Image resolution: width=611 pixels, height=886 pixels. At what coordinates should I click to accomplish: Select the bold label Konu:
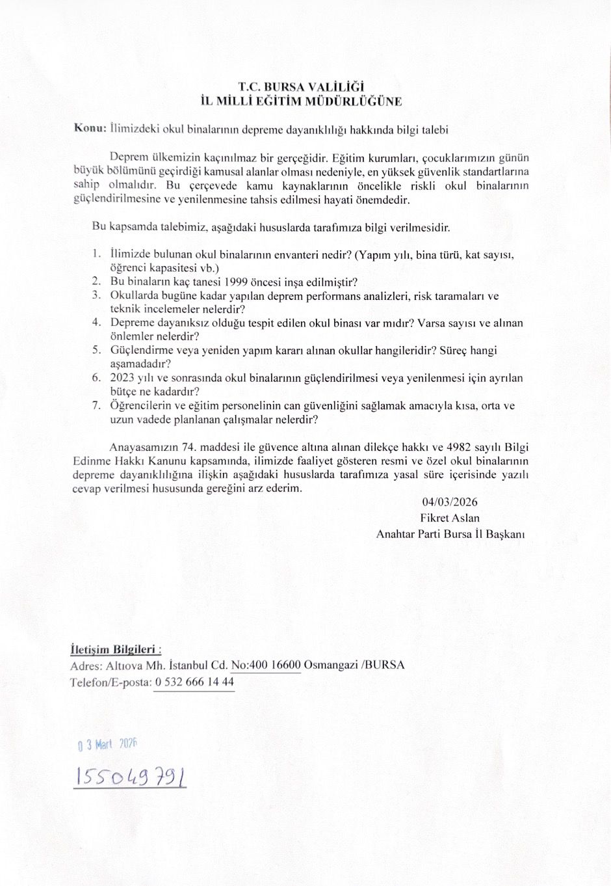pos(90,128)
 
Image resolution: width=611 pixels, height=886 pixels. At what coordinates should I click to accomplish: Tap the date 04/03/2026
pos(449,502)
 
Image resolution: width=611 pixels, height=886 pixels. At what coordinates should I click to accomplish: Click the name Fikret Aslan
pos(450,518)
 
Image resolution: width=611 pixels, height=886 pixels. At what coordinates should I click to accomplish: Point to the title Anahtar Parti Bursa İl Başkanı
pos(450,534)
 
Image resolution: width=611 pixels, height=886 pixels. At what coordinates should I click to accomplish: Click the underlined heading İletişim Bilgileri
pos(114,649)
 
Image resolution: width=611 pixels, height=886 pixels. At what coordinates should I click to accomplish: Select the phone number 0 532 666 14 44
pos(194,682)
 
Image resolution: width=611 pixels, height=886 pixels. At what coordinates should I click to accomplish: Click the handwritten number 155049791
pos(131,775)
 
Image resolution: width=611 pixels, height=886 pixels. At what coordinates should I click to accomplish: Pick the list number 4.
pos(96,323)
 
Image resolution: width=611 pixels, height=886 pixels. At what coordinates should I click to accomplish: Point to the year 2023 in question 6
pos(122,378)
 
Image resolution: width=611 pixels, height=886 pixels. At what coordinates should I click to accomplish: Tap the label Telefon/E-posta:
pos(110,682)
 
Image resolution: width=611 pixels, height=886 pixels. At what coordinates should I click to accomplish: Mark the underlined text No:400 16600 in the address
pos(266,665)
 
